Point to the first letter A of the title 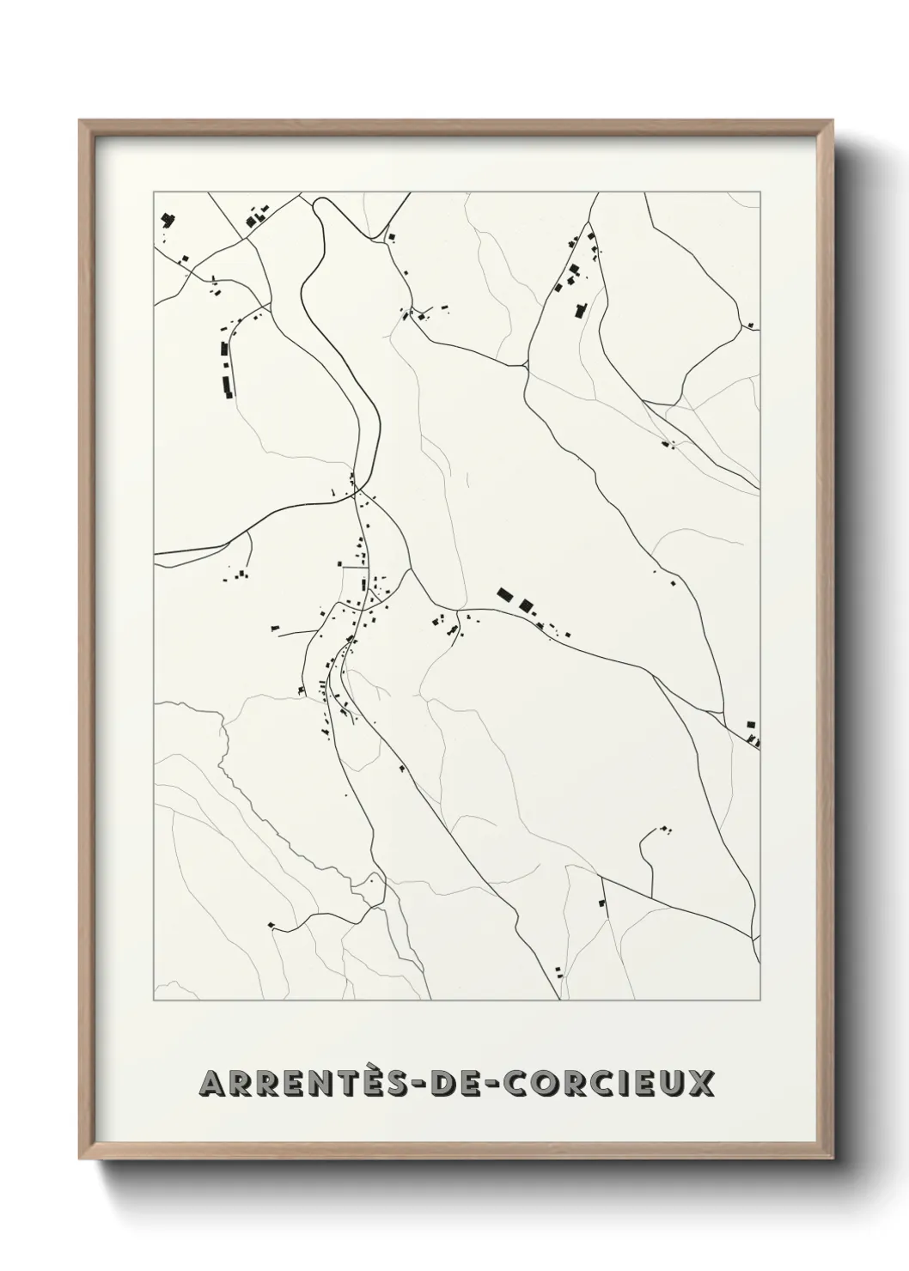pos(211,1083)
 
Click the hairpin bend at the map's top pos(321,204)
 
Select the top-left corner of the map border pos(154,192)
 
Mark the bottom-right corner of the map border pos(760,1000)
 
